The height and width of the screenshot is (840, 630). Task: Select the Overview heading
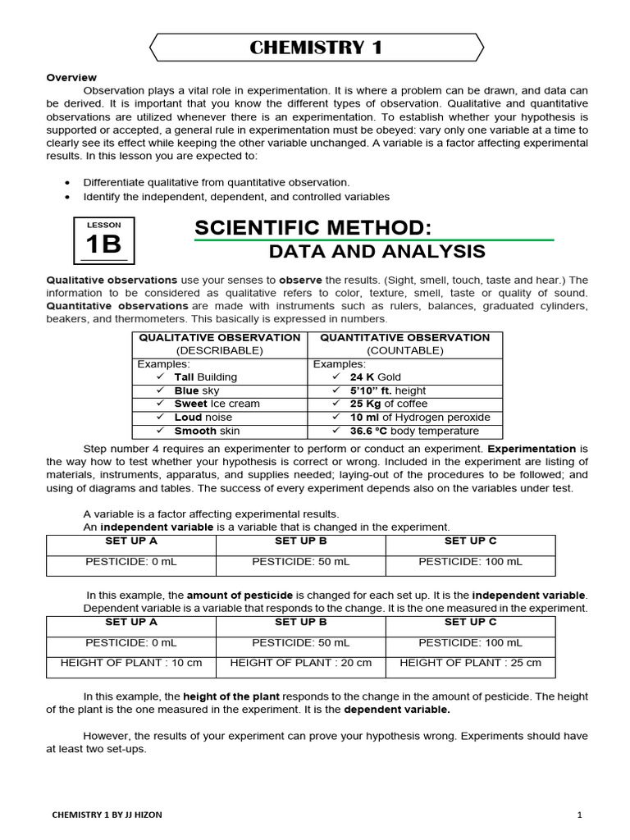[71, 77]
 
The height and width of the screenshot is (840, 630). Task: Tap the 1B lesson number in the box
[103, 244]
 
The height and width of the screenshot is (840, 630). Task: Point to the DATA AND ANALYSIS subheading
[377, 251]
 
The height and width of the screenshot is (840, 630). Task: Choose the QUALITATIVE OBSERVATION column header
[219, 337]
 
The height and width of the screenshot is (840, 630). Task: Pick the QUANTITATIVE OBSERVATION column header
[404, 337]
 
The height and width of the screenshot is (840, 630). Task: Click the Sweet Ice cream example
[217, 404]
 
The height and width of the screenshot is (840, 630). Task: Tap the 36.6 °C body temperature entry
[413, 431]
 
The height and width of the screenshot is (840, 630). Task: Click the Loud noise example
[203, 418]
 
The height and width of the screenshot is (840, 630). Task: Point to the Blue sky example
[196, 390]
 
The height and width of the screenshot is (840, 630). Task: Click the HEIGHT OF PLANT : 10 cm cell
[131, 663]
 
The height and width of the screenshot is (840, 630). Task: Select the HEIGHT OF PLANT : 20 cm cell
[301, 663]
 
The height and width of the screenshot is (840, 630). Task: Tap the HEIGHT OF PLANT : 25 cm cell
[470, 663]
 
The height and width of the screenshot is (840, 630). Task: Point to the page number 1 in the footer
[579, 815]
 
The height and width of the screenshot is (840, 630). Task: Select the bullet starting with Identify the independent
[236, 197]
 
